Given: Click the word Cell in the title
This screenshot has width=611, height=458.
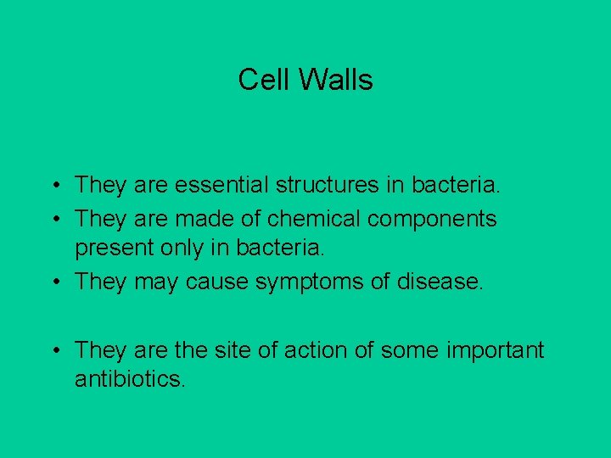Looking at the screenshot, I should (x=259, y=80).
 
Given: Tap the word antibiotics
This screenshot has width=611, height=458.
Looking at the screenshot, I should (x=129, y=380).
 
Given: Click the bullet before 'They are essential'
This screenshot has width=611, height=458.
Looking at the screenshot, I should (x=53, y=185).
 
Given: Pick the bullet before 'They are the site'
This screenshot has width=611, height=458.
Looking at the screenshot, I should (x=53, y=350).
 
